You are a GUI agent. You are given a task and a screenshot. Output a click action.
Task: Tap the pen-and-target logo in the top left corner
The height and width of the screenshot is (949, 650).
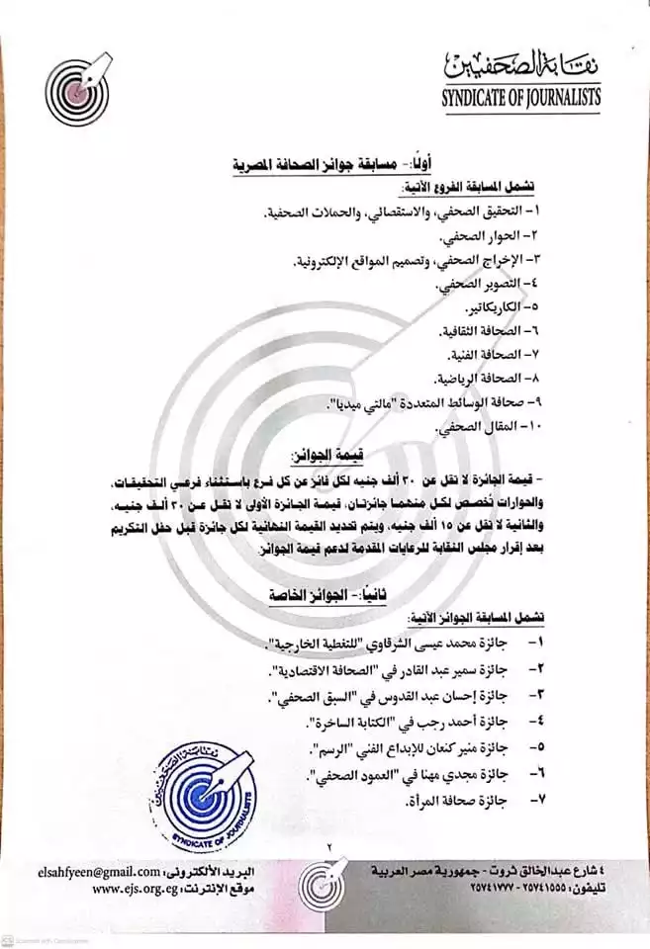[80, 91]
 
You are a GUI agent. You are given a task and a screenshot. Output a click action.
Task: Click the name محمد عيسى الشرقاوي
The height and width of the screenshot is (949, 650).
[421, 643]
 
